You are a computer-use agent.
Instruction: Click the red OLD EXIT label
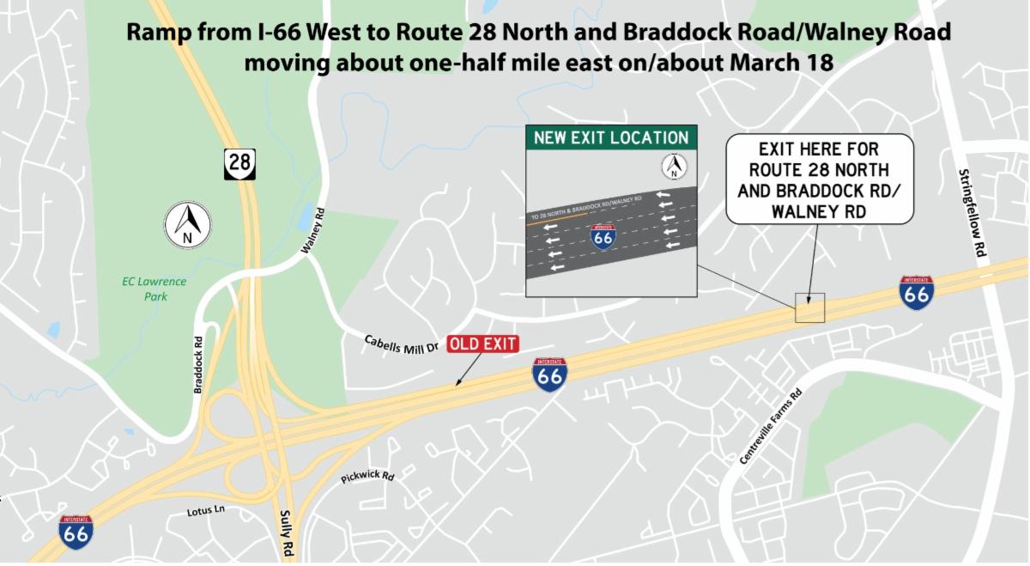coord(483,344)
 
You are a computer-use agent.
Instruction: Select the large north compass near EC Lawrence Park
coord(189,224)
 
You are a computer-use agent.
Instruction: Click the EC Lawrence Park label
coord(154,289)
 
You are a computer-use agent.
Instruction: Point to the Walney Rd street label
coord(315,230)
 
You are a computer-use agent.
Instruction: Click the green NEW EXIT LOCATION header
coord(610,137)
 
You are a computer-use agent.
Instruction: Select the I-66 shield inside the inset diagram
coord(603,236)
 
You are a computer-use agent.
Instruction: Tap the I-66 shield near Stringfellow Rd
coord(917,292)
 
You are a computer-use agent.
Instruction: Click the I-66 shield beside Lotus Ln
coord(76,532)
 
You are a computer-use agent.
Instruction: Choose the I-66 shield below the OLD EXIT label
coord(549,374)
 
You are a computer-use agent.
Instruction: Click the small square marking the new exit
coord(809,307)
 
